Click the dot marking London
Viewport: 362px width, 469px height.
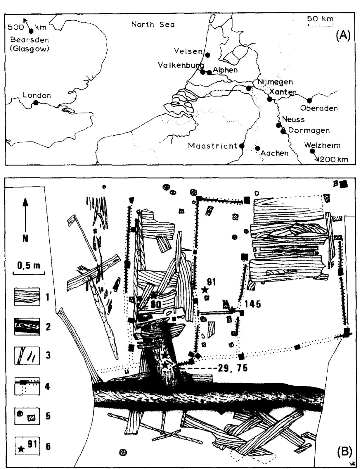click(36, 103)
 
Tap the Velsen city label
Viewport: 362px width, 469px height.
click(188, 51)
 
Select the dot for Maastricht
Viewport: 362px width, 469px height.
click(242, 146)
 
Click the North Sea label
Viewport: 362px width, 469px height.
click(153, 25)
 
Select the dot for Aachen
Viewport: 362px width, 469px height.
click(257, 148)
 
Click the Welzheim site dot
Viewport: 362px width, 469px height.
click(312, 151)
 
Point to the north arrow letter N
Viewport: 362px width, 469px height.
click(25, 238)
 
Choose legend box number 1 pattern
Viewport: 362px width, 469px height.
click(27, 297)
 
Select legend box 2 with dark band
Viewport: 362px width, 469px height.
click(27, 326)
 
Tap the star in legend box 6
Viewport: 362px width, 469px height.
click(21, 449)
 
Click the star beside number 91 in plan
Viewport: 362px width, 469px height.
click(205, 290)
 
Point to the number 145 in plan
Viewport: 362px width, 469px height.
click(253, 304)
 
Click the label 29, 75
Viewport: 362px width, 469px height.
click(233, 368)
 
